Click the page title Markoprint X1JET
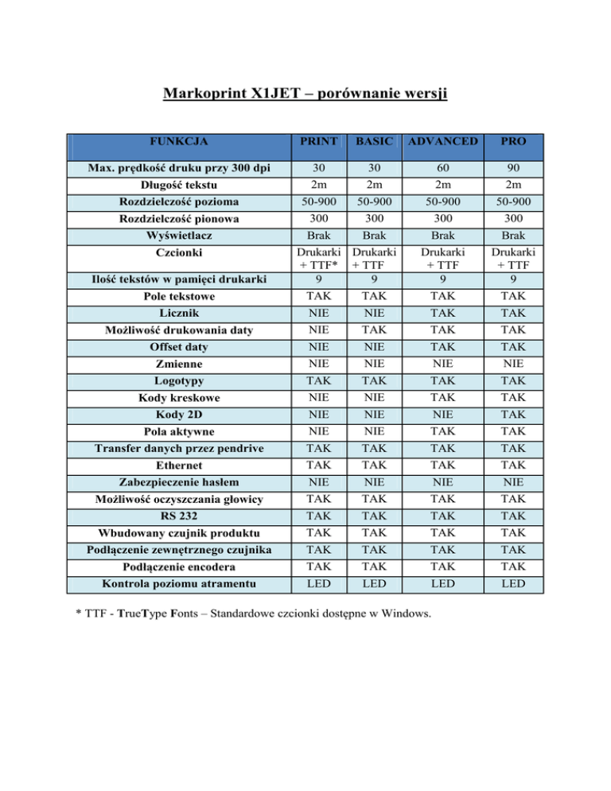click(306, 96)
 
